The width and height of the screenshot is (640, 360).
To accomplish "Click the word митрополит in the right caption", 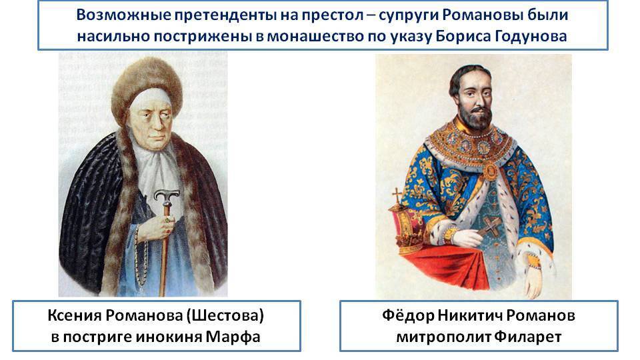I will pyautogui.click(x=443, y=337).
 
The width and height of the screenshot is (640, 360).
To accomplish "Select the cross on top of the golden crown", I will pyautogui.click(x=398, y=195).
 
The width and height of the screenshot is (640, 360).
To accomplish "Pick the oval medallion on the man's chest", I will pyautogui.click(x=491, y=171).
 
